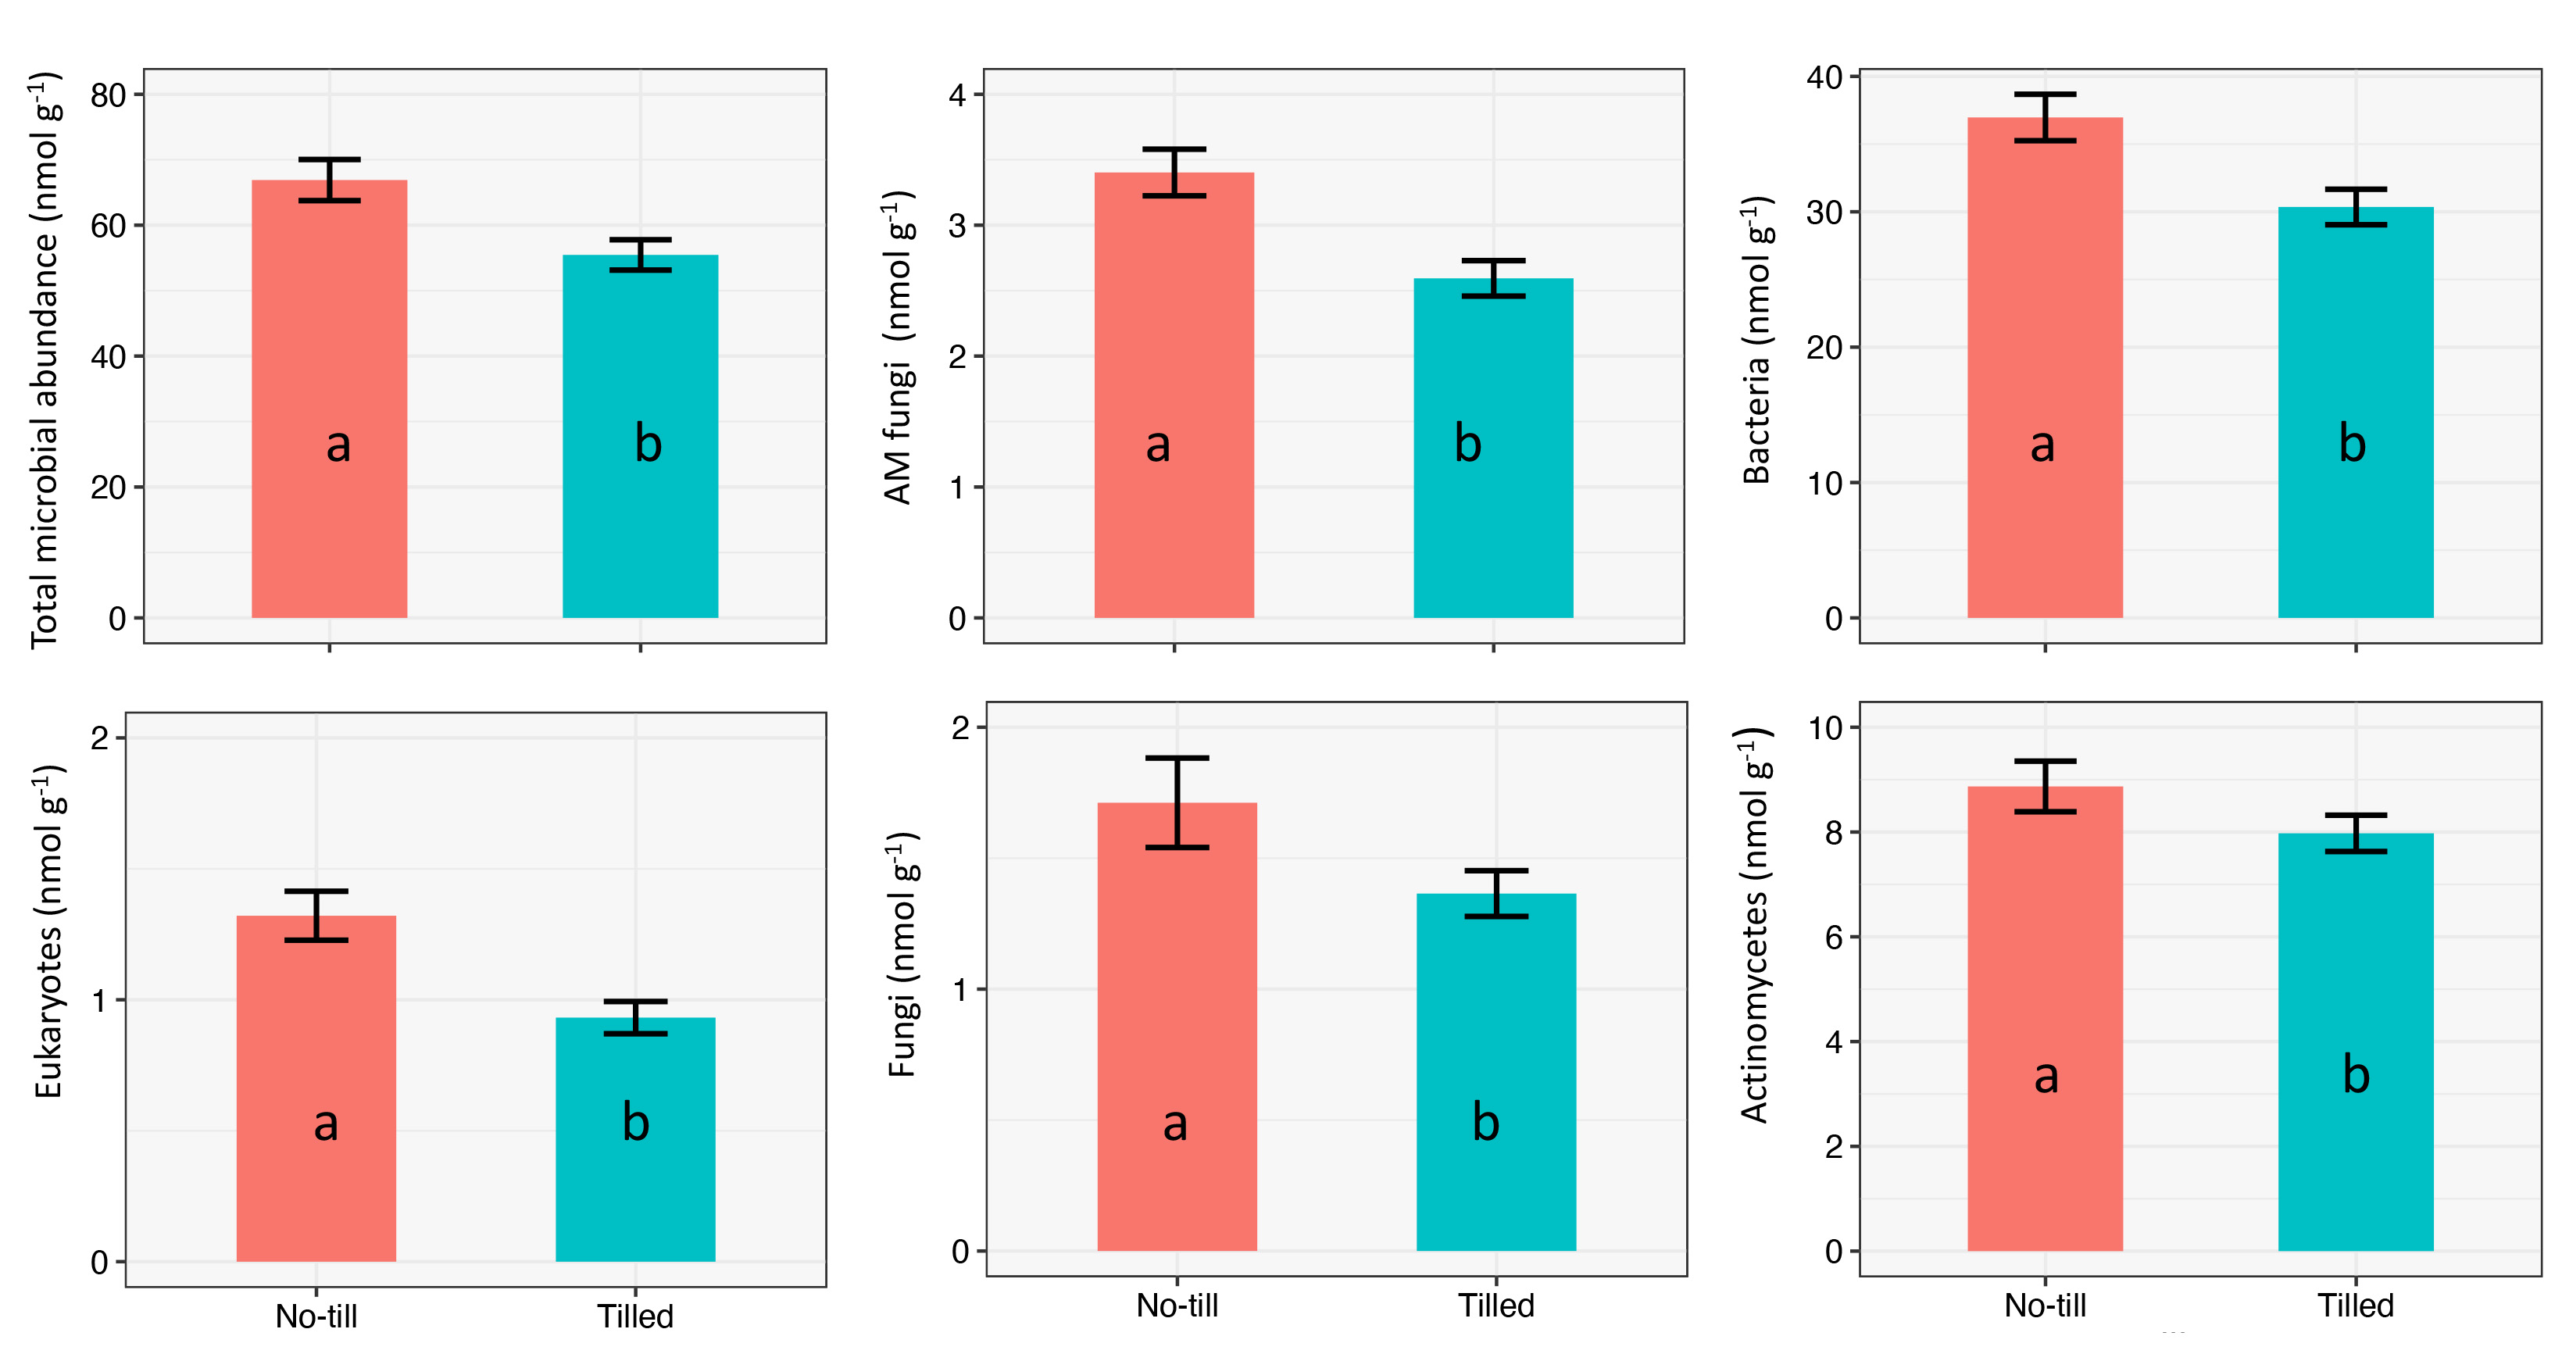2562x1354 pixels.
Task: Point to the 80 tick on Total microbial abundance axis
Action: (x=109, y=95)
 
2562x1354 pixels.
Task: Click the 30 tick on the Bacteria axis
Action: (x=1825, y=213)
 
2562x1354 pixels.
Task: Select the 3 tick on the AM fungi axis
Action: (x=958, y=226)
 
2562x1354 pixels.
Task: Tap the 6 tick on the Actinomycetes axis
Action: (x=1834, y=937)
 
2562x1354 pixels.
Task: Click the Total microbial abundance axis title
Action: (x=45, y=358)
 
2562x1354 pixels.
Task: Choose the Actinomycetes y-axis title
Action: (x=1756, y=925)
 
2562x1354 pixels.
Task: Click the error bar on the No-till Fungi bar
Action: (x=1177, y=802)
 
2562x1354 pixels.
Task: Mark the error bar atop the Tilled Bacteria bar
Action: (x=2355, y=207)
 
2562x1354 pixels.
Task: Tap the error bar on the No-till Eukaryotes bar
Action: (x=316, y=915)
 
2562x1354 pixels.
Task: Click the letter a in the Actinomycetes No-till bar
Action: (x=2045, y=1077)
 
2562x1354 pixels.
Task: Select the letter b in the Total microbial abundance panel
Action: (x=648, y=444)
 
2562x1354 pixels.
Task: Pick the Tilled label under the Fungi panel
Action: (x=1495, y=1306)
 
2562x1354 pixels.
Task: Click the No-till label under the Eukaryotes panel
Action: (x=316, y=1316)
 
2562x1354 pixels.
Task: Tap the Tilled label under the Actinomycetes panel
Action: (x=2355, y=1306)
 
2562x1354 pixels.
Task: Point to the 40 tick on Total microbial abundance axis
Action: (x=109, y=357)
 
